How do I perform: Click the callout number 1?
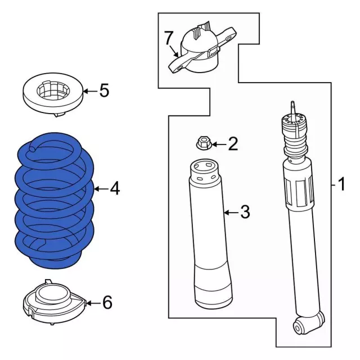(x=340, y=184)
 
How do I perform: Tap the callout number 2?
(x=233, y=145)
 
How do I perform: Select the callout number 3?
(x=244, y=212)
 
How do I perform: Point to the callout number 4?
(x=115, y=189)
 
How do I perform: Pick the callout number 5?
(x=104, y=91)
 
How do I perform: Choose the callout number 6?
(x=107, y=303)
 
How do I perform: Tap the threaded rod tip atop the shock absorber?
(x=292, y=107)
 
